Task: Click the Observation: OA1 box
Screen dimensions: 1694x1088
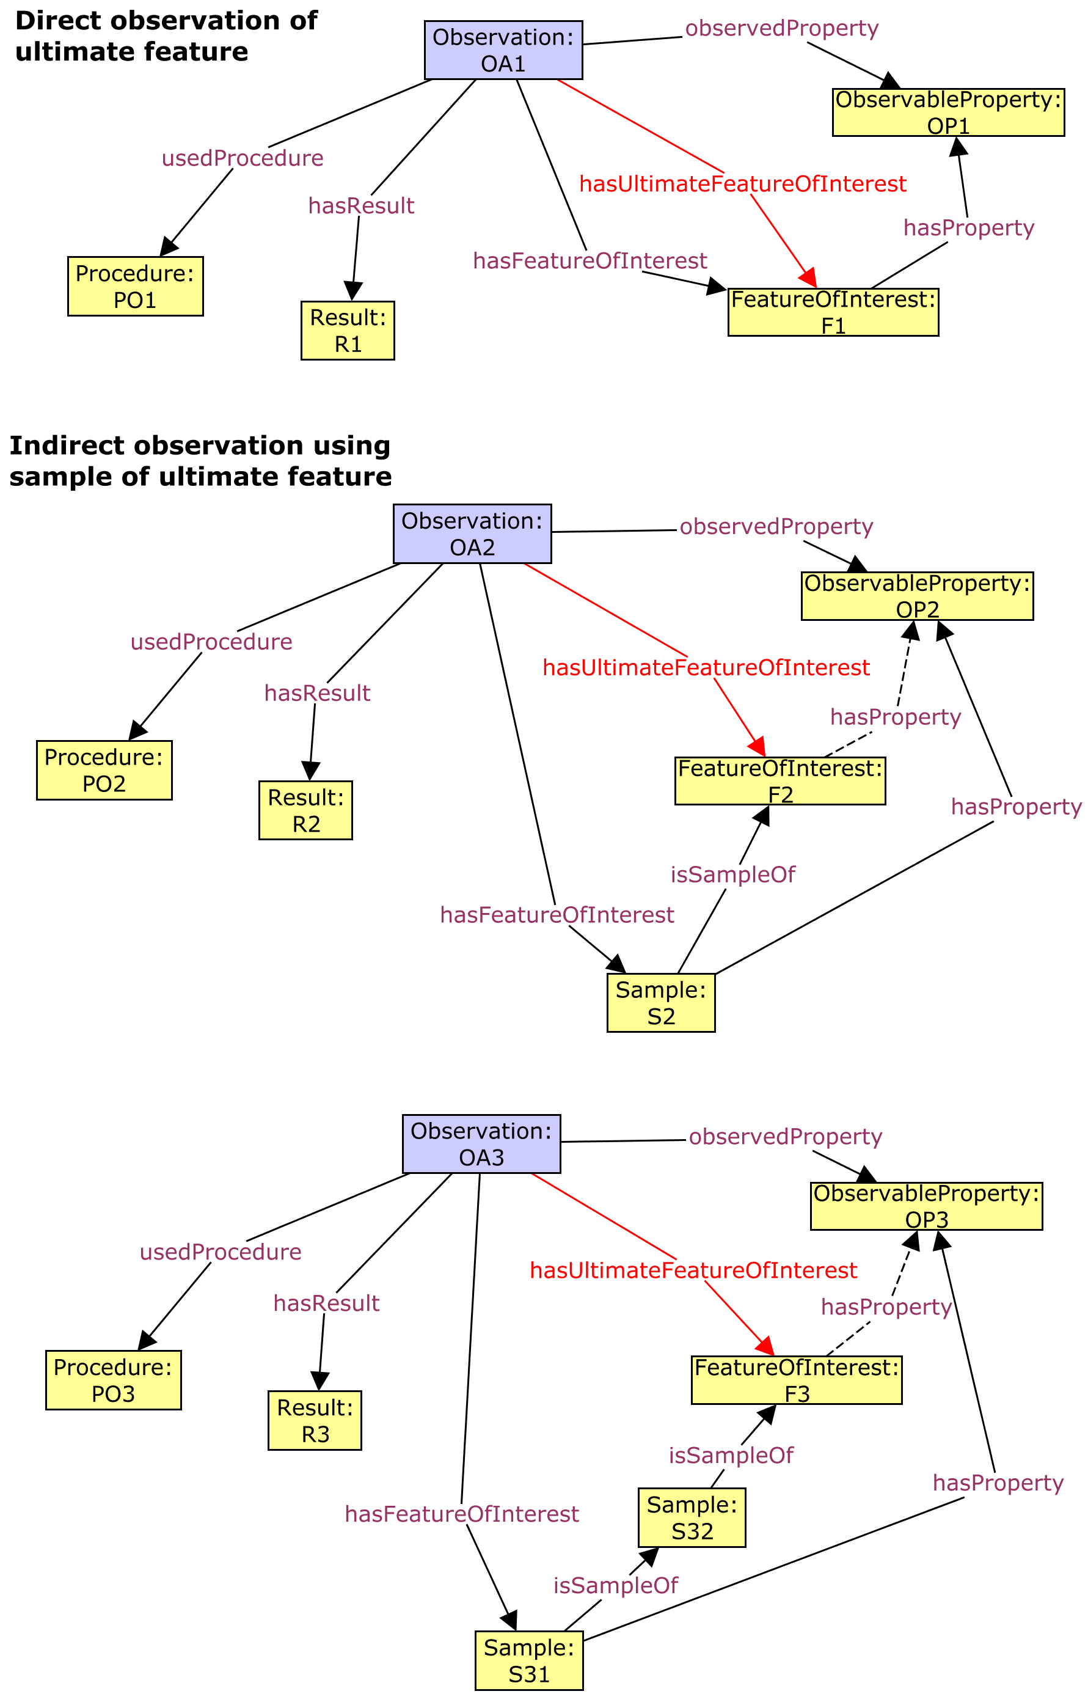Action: pyautogui.click(x=503, y=50)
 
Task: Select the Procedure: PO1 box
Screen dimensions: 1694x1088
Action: pyautogui.click(x=135, y=286)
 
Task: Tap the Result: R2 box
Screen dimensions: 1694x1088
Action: pyautogui.click(x=305, y=810)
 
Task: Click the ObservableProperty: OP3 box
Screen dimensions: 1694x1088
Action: pyautogui.click(x=926, y=1206)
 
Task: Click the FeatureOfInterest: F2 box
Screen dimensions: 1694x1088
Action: pyautogui.click(x=779, y=781)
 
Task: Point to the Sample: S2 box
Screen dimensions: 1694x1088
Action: pyautogui.click(x=660, y=1002)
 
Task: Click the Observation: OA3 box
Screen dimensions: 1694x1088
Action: pyautogui.click(x=481, y=1143)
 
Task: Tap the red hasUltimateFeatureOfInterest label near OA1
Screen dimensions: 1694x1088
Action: pyautogui.click(x=742, y=185)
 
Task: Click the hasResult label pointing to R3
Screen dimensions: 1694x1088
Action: pyautogui.click(x=326, y=1303)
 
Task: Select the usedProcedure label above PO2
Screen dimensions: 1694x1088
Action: pyautogui.click(x=211, y=642)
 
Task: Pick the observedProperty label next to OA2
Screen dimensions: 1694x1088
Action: pyautogui.click(x=776, y=527)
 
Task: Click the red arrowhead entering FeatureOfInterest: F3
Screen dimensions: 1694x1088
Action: pyautogui.click(x=766, y=1346)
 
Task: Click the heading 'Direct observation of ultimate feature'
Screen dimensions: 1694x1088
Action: pyautogui.click(x=166, y=36)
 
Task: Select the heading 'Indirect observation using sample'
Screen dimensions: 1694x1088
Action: pyautogui.click(x=200, y=461)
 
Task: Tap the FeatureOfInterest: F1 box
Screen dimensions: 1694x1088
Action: pyautogui.click(x=833, y=312)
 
